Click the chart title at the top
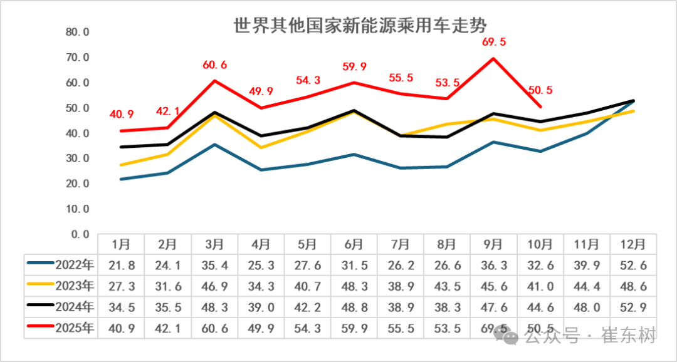click(x=360, y=26)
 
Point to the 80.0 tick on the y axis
click(x=78, y=32)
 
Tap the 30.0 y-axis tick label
click(x=78, y=158)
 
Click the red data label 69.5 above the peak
click(x=495, y=43)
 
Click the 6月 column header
click(x=354, y=244)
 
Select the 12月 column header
click(x=633, y=244)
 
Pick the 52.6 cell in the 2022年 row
click(x=633, y=265)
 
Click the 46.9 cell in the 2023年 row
click(x=214, y=286)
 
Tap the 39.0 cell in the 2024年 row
click(x=261, y=308)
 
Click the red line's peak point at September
click(x=494, y=58)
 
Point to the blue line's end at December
click(x=633, y=101)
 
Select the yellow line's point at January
click(x=121, y=165)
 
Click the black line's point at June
click(x=354, y=110)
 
